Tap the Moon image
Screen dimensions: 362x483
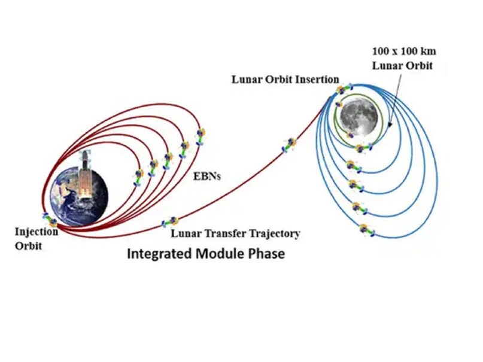point(357,116)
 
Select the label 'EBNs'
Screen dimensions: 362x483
point(206,177)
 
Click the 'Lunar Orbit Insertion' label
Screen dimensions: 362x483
point(285,80)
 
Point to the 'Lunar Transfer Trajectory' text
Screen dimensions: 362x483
point(235,233)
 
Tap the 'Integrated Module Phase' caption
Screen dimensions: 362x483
point(205,254)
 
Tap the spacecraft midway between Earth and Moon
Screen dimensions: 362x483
point(290,144)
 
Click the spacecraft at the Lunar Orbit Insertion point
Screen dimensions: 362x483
point(341,90)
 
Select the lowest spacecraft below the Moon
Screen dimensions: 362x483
point(364,229)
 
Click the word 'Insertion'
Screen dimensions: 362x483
point(319,80)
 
